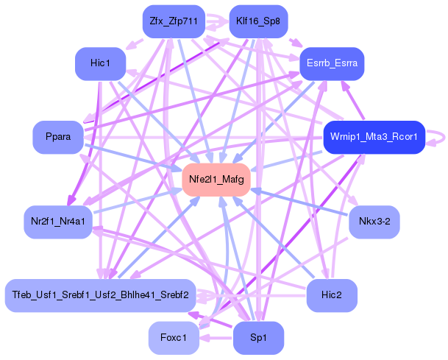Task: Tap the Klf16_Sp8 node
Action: [258, 21]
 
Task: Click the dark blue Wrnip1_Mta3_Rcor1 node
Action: [374, 137]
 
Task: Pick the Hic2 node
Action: [332, 295]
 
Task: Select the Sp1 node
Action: [258, 338]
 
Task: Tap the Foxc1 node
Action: [174, 338]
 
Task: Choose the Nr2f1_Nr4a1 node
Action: [58, 221]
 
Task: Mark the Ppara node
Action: [58, 138]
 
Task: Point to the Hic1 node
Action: [100, 64]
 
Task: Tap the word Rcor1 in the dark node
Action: [404, 137]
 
